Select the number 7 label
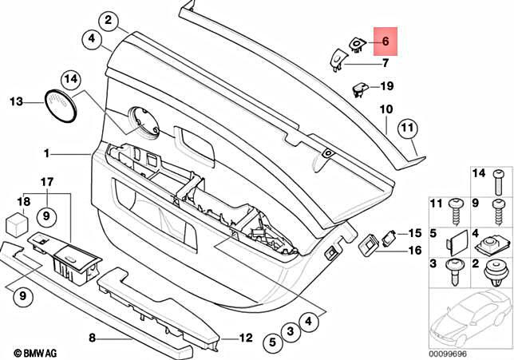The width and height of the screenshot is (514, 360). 385,62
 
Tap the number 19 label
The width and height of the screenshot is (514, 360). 387,85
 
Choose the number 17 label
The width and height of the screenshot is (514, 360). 46,181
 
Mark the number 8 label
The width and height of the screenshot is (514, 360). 92,338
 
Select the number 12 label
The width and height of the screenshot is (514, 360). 246,338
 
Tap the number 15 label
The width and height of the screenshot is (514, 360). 413,233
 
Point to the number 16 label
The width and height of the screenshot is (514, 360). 413,250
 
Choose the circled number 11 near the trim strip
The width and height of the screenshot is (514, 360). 408,128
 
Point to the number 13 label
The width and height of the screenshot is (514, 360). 16,101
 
